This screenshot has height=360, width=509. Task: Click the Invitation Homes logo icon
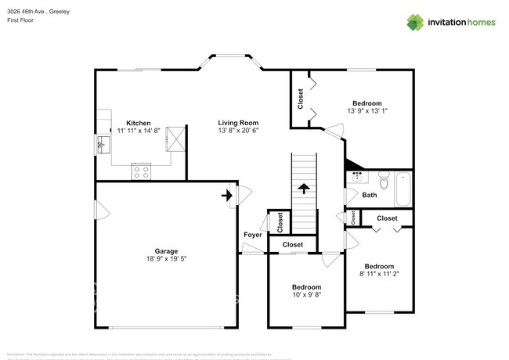[417, 22]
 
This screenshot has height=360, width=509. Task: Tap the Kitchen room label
[139, 124]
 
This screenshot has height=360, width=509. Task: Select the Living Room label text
[238, 123]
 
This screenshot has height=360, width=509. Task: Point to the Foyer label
[252, 235]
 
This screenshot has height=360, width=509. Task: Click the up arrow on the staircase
[303, 189]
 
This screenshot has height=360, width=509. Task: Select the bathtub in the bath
[403, 187]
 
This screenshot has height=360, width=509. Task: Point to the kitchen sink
[102, 145]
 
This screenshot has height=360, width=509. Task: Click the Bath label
[369, 196]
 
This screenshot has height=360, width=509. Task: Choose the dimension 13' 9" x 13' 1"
[366, 111]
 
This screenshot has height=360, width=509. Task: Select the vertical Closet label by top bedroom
[300, 99]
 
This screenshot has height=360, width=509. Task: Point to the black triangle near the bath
[352, 164]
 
